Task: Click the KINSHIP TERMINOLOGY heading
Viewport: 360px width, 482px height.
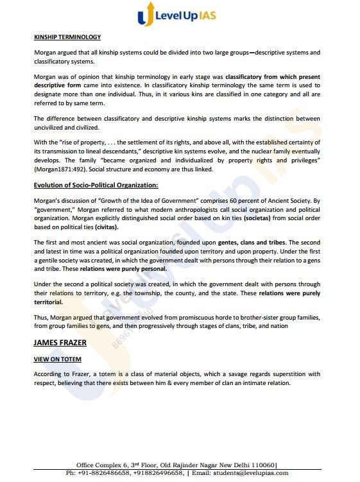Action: click(x=67, y=37)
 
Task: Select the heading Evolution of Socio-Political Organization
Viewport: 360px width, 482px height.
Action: click(x=96, y=185)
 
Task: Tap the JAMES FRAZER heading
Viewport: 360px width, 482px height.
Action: click(x=60, y=343)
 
